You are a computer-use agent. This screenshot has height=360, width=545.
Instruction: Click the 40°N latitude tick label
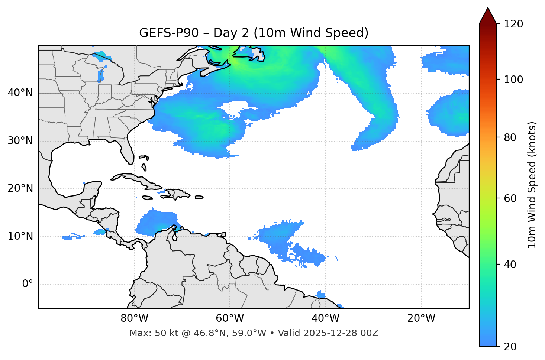[20, 93]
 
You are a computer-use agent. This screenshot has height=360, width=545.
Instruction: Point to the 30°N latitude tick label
[20, 141]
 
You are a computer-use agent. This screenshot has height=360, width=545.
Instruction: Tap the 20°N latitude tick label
[20, 188]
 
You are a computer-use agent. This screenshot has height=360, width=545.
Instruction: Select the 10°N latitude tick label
[20, 236]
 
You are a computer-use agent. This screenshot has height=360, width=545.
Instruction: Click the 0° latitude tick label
[28, 284]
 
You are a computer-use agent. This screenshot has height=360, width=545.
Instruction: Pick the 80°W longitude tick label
[134, 318]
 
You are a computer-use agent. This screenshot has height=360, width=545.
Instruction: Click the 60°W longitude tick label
[230, 318]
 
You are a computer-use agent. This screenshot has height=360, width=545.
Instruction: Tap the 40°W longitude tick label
[325, 318]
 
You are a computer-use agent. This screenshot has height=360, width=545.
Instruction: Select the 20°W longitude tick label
[421, 318]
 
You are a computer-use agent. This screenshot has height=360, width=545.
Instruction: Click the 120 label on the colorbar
[513, 24]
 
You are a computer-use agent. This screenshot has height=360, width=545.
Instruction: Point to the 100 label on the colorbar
[513, 80]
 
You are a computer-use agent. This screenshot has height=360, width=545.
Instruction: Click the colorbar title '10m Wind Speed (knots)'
[532, 185]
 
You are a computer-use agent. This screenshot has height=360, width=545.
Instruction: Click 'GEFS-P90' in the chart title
[169, 33]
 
